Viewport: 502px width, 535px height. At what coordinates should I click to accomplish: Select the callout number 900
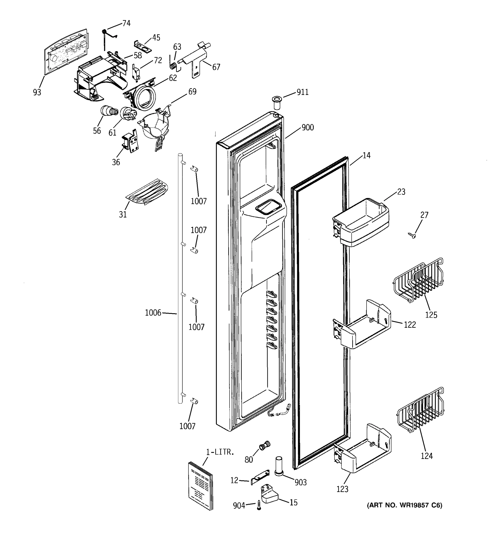coord(307,128)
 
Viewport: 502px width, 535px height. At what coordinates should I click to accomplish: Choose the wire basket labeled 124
coord(420,410)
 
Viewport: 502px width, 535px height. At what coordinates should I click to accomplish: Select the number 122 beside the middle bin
coord(410,325)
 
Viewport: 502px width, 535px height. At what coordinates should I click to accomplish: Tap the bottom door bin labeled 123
coord(362,449)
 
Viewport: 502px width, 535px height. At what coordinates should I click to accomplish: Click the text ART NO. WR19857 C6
coord(405,505)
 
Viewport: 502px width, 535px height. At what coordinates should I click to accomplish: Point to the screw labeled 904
coord(259,505)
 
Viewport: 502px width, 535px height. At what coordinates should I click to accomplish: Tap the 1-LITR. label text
coord(220,452)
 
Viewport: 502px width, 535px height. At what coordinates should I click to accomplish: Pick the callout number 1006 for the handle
coord(153,313)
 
